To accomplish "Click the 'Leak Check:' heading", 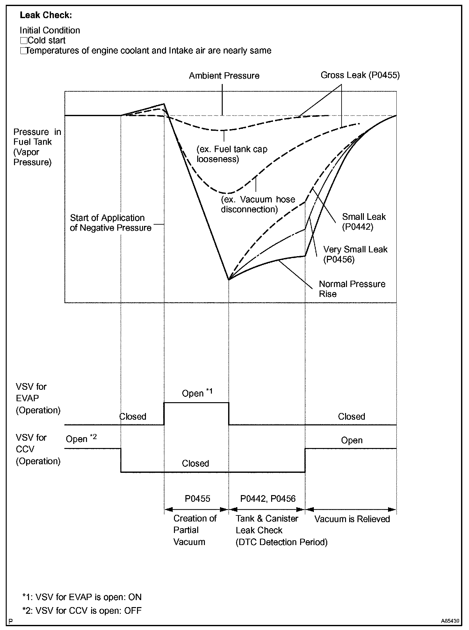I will pyautogui.click(x=46, y=15).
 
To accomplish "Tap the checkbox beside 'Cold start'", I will pyautogui.click(x=24, y=41).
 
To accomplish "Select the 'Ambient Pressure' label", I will pyautogui.click(x=224, y=76).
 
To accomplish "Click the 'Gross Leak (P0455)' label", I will pyautogui.click(x=360, y=75).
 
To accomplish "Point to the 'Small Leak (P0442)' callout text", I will pyautogui.click(x=364, y=222).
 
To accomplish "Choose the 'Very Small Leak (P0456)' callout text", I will pyautogui.click(x=355, y=254).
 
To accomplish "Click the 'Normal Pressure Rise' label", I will pyautogui.click(x=352, y=289).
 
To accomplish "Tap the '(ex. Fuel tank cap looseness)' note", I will pyautogui.click(x=232, y=154).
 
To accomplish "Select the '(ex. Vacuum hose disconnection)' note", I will pyautogui.click(x=258, y=204).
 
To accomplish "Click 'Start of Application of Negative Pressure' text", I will pyautogui.click(x=110, y=223).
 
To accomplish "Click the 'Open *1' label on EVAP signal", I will pyautogui.click(x=197, y=393).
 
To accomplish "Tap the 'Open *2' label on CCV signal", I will pyautogui.click(x=81, y=439).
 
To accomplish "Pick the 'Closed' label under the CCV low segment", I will pyautogui.click(x=195, y=463).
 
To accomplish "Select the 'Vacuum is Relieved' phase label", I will pyautogui.click(x=352, y=519).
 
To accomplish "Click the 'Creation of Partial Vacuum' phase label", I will pyautogui.click(x=194, y=530).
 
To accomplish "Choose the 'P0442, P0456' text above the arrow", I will pyautogui.click(x=268, y=499).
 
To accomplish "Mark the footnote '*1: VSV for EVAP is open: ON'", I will pyautogui.click(x=82, y=597).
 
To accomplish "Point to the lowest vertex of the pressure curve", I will pyautogui.click(x=229, y=280).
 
